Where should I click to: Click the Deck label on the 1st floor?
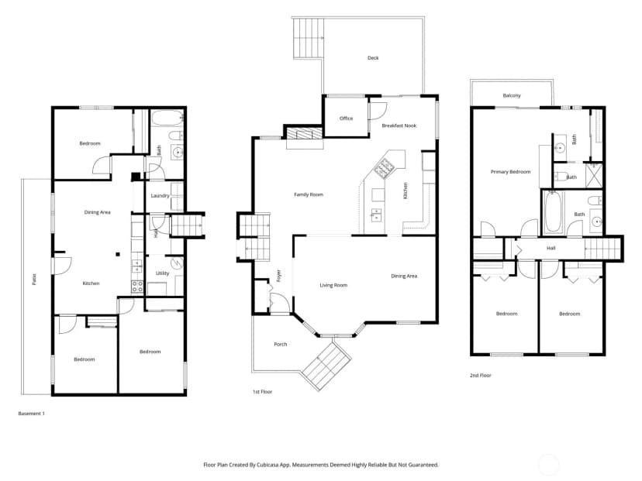coord(373,58)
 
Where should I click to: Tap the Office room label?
coord(346,119)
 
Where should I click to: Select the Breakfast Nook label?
coord(399,125)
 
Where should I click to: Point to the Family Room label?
coord(309,194)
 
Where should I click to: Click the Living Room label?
coord(333,285)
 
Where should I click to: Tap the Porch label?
coord(281,345)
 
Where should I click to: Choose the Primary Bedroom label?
coord(510,172)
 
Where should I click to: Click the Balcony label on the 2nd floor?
coord(512,95)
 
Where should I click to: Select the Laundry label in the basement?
coord(160,196)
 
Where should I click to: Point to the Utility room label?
coord(162,273)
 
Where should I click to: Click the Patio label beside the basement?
coord(34,280)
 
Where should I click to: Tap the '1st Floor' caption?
coord(262,392)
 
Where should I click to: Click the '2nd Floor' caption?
coord(480,376)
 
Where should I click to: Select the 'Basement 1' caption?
coord(32,414)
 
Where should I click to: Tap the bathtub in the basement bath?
coord(167,118)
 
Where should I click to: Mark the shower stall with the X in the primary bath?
coord(593,175)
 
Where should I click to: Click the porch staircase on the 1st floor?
coord(326,366)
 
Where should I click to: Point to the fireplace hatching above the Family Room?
coord(305,134)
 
